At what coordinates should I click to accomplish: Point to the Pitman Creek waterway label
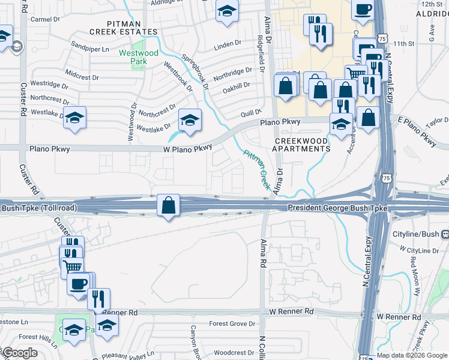coord(256,169)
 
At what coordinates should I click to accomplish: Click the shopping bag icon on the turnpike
coord(169,205)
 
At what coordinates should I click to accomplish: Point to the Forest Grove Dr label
coord(232,324)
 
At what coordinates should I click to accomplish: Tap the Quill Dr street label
coord(251,112)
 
